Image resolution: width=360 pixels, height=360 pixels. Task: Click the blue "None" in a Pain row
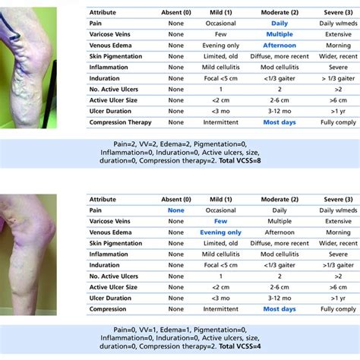[x=175, y=210]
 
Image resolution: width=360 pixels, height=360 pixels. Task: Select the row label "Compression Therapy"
[x=120, y=122]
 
